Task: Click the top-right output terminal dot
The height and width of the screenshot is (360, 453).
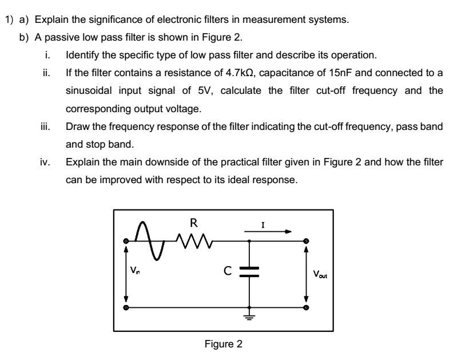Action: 306,240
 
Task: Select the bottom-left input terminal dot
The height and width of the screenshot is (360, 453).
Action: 126,308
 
